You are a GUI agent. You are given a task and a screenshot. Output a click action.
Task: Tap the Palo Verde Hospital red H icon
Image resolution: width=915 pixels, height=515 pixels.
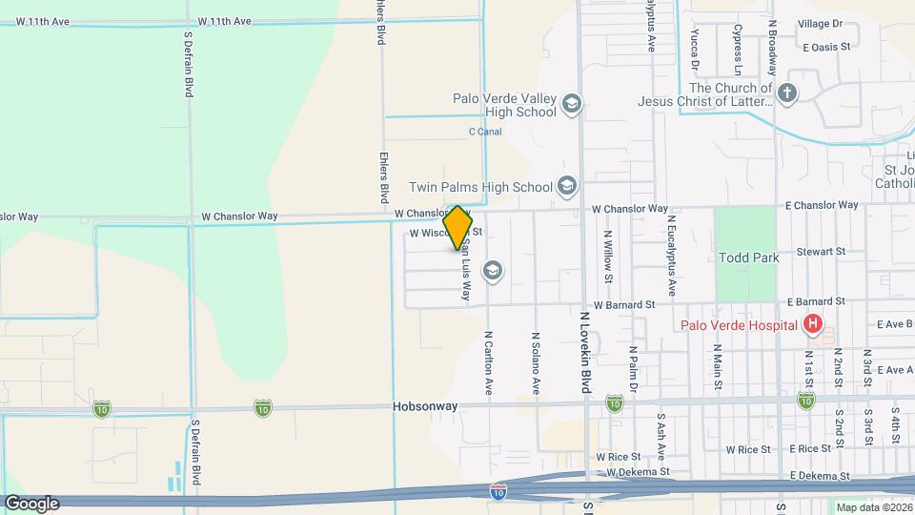point(812,325)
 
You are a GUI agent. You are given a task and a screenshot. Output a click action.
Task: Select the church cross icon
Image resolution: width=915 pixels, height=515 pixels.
point(786,93)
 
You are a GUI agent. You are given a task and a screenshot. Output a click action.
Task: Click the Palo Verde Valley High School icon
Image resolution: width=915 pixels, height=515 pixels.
point(571,103)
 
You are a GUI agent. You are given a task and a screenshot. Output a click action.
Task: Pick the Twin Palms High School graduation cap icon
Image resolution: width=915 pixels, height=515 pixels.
point(567,186)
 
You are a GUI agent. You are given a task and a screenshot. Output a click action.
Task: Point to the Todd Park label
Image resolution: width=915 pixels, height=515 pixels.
point(749,257)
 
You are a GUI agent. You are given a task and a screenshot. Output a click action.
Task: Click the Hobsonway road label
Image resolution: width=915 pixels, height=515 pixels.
point(425,405)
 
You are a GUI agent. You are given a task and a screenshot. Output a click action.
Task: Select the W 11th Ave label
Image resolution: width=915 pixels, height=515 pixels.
point(225,21)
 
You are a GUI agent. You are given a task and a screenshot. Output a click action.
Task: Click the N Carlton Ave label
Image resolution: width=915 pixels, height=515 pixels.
point(488,363)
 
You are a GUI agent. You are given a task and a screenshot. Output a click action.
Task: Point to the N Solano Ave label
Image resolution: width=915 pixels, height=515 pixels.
point(537,363)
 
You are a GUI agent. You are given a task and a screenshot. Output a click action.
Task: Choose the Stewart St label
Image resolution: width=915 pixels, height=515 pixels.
point(823,252)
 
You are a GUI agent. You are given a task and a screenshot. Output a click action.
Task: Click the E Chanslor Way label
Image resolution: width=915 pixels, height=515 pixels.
point(822,206)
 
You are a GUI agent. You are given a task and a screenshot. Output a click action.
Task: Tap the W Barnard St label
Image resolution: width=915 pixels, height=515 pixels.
point(624,305)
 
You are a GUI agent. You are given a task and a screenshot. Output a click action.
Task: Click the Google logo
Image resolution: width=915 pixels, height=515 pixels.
point(31,504)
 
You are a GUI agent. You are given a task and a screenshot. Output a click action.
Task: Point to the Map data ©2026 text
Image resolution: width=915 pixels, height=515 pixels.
point(872,507)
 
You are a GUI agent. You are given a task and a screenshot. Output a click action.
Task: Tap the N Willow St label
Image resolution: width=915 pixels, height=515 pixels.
point(606,257)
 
